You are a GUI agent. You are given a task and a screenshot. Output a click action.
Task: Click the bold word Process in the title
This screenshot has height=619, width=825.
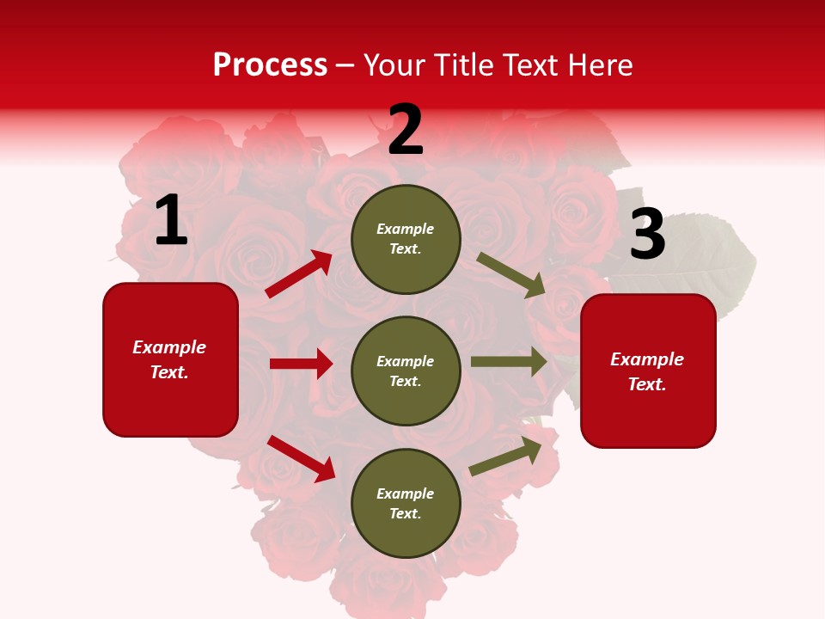pyautogui.click(x=270, y=65)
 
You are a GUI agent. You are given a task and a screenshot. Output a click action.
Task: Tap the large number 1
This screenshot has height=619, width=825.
pyautogui.click(x=171, y=221)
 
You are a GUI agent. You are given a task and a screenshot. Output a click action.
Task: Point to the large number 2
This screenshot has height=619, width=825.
pyautogui.click(x=406, y=130)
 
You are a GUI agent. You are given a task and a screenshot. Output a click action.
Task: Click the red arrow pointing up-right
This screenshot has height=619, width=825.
pyautogui.click(x=299, y=274)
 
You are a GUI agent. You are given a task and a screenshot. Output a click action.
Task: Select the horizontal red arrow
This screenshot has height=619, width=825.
pyautogui.click(x=301, y=364)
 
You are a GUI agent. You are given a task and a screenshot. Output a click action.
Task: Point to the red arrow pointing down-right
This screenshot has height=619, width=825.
pyautogui.click(x=302, y=458)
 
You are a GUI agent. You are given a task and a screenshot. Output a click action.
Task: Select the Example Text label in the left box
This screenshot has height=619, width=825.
pyautogui.click(x=169, y=359)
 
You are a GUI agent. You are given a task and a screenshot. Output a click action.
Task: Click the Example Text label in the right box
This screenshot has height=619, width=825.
pyautogui.click(x=647, y=371)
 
